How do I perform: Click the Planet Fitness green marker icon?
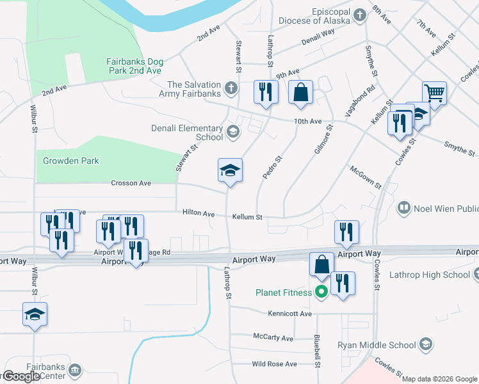pyautogui.click(x=321, y=292)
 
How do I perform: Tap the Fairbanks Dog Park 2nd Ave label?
pyautogui.click(x=134, y=66)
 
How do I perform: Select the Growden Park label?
pyautogui.click(x=71, y=161)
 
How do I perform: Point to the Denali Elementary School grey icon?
pyautogui.click(x=232, y=133)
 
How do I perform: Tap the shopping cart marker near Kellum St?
pyautogui.click(x=434, y=93)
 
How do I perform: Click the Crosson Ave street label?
pyautogui.click(x=131, y=183)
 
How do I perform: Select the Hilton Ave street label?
pyautogui.click(x=198, y=213)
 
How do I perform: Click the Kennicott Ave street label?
pyautogui.click(x=290, y=314)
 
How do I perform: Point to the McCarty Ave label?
pyautogui.click(x=273, y=337)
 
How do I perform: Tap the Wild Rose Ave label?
pyautogui.click(x=274, y=364)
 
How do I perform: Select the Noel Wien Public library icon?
pyautogui.click(x=404, y=208)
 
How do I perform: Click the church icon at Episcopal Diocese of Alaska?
pyautogui.click(x=360, y=14)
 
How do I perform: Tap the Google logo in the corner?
pyautogui.click(x=22, y=376)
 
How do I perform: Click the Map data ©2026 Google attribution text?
pyautogui.click(x=439, y=379)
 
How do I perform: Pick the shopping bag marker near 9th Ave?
pyautogui.click(x=300, y=93)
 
